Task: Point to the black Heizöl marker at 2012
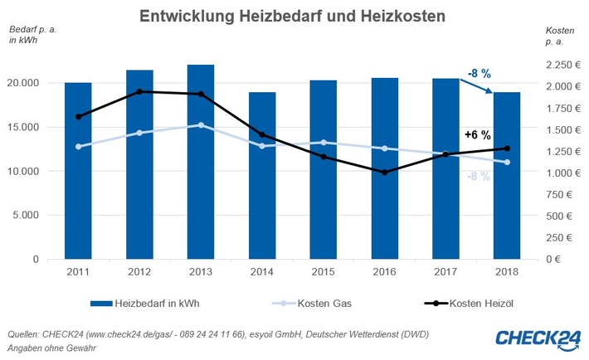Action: [140, 91]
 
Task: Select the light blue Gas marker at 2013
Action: [201, 125]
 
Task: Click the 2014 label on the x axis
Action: [261, 271]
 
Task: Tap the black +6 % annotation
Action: [477, 134]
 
